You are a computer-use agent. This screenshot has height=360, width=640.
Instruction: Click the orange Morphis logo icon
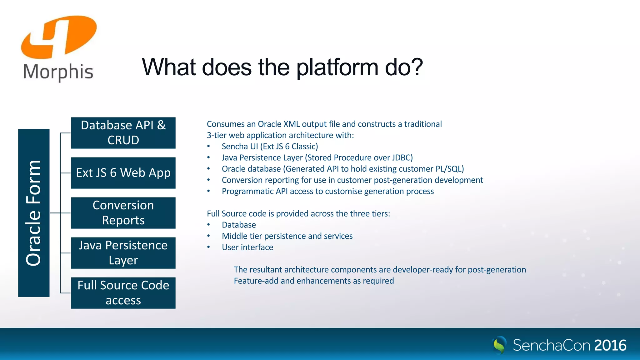(59, 37)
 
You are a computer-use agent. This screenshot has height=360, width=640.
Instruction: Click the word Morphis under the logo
(58, 72)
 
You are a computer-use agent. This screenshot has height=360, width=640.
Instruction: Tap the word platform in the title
(337, 67)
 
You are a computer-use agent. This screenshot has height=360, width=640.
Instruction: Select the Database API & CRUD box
(123, 133)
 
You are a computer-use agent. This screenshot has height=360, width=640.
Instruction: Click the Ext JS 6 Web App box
(123, 173)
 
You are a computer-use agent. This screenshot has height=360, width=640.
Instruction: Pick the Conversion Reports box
(123, 213)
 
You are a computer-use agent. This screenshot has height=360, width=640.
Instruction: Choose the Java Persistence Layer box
(123, 253)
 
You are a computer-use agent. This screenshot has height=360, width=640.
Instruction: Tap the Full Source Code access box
(123, 293)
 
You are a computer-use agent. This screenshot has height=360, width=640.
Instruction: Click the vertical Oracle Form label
(34, 213)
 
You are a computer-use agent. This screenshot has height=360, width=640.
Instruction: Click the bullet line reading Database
(239, 225)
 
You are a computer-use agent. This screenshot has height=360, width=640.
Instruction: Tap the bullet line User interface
(247, 247)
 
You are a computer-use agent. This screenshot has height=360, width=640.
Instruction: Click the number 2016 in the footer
(610, 345)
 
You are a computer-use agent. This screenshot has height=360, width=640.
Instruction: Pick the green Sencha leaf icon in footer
(499, 345)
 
